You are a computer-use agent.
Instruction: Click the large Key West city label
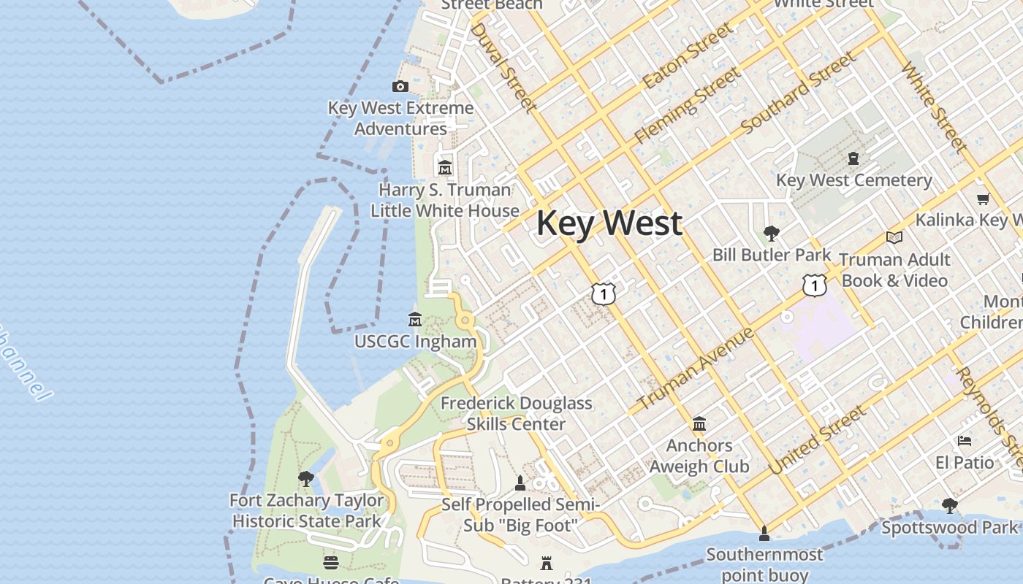tap(609, 223)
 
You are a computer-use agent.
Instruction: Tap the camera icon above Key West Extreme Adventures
tap(400, 87)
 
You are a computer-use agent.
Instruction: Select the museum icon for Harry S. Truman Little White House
tap(444, 169)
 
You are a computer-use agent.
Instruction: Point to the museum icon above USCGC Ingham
tap(415, 320)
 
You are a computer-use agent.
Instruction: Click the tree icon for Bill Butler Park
tap(771, 234)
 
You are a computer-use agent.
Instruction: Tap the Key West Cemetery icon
tap(853, 158)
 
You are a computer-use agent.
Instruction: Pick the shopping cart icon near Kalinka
tap(983, 199)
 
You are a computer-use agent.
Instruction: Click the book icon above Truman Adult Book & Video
tap(894, 238)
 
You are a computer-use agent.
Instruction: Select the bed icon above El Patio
tap(965, 441)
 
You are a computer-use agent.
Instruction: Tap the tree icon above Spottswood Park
tap(949, 505)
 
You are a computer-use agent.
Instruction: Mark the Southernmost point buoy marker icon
tap(764, 534)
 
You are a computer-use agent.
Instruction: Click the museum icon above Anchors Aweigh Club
tap(699, 423)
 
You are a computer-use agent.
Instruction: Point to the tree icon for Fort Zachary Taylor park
tap(306, 479)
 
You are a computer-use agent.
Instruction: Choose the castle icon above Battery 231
tap(547, 563)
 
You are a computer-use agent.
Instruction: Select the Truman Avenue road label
tap(695, 369)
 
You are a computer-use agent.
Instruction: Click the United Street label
tap(817, 440)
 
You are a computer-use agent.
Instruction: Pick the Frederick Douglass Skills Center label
tap(516, 413)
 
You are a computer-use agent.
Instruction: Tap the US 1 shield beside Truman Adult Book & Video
tap(813, 285)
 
